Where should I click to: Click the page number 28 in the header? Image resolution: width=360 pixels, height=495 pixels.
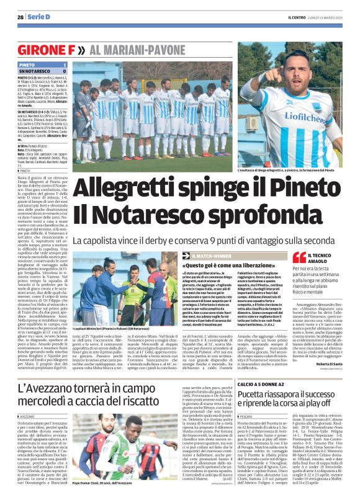click(20, 16)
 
